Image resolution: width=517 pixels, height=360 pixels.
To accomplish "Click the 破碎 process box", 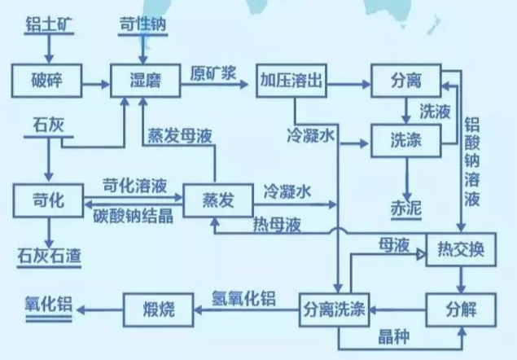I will (47, 80).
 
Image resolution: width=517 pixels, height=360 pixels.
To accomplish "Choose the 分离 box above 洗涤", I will (405, 80).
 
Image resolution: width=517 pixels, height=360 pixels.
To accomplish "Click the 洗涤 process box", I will (405, 140).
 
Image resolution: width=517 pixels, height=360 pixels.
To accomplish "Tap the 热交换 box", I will (461, 249).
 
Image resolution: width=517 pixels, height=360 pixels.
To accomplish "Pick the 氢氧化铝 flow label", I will (246, 298).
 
